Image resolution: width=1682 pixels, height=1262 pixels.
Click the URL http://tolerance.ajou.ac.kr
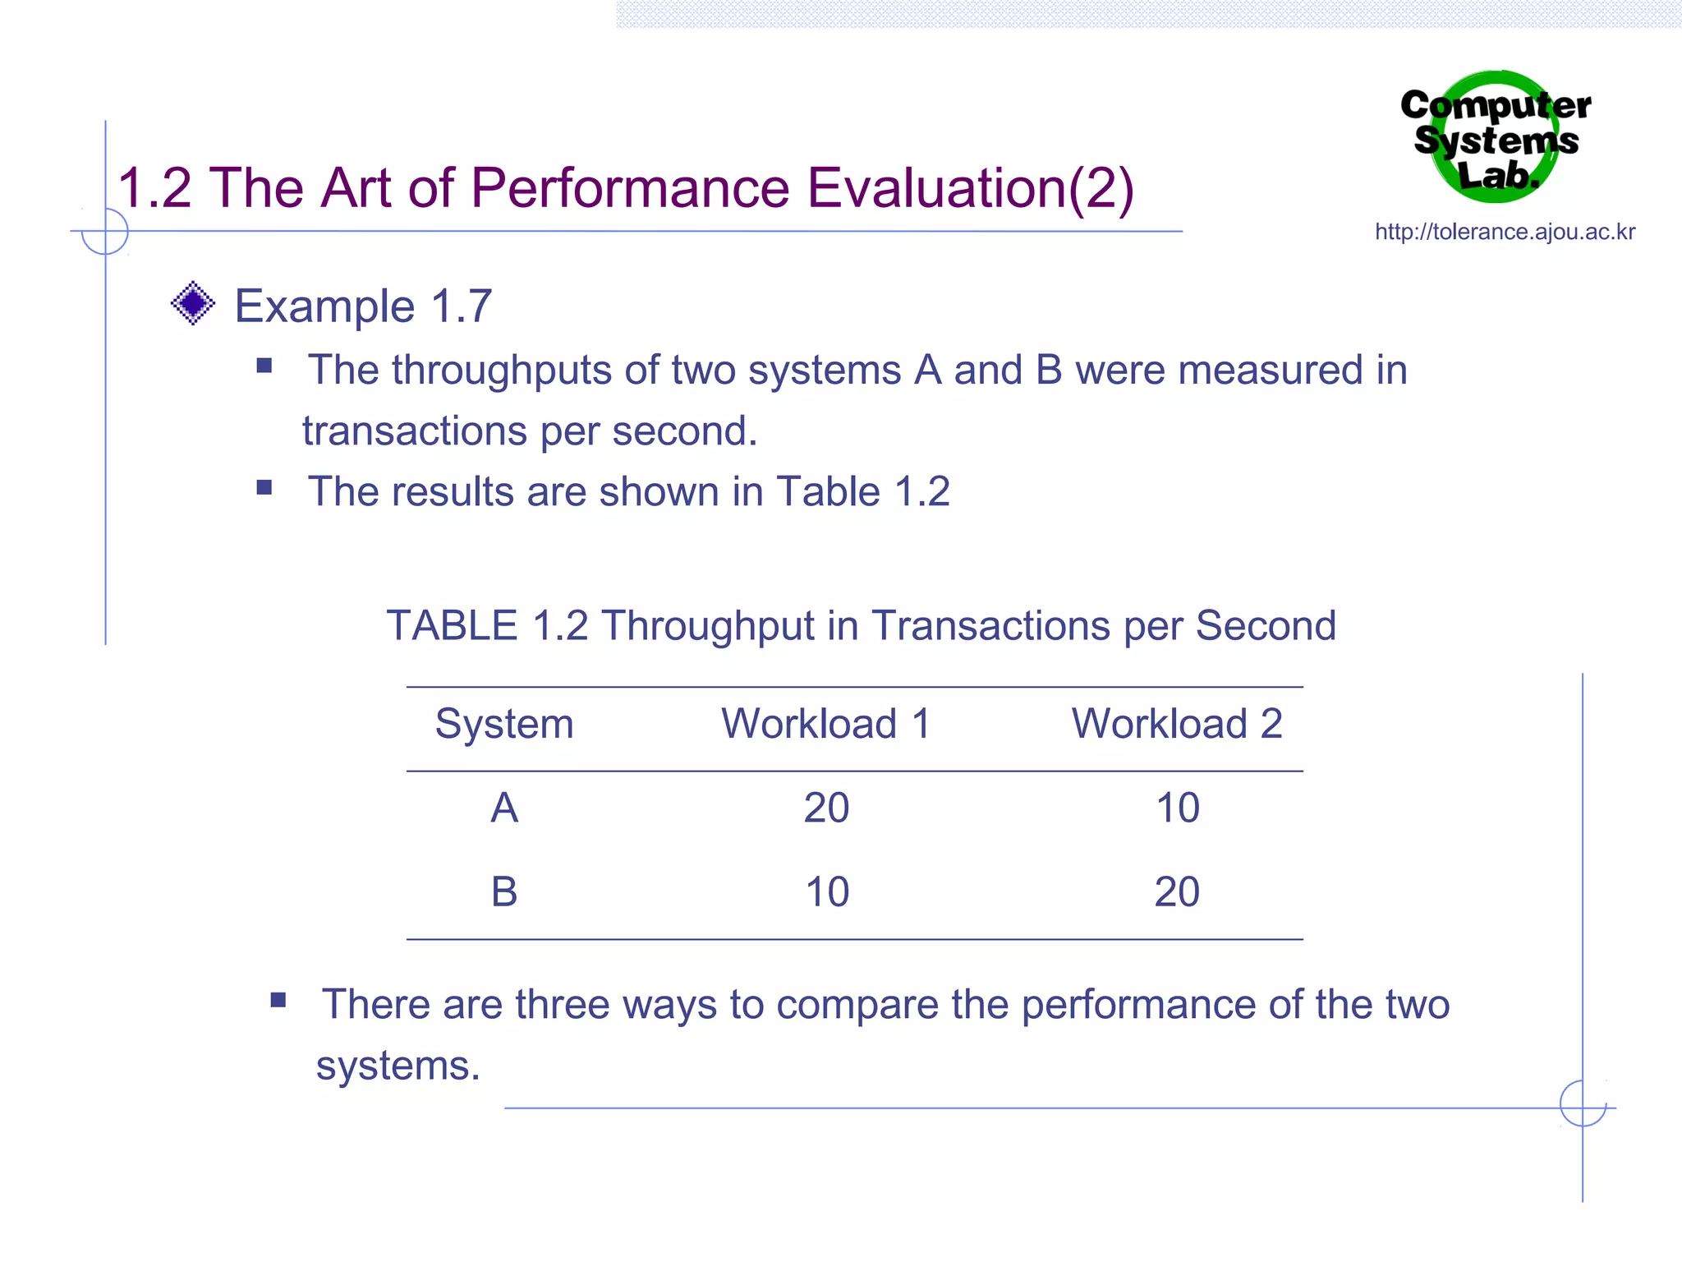(x=1505, y=232)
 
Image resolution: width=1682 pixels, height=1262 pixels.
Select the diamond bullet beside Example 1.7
(x=193, y=303)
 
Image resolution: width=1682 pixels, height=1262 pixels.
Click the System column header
(x=503, y=724)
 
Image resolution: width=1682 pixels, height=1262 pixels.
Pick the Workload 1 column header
(x=825, y=724)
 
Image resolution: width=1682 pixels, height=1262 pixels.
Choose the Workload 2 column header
(x=1176, y=724)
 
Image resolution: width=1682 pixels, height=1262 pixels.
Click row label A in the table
(x=503, y=808)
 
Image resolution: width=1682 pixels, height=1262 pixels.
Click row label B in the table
(x=503, y=891)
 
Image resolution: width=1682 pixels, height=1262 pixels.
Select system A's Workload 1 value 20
(x=826, y=808)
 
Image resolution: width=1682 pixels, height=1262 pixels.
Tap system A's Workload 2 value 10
(x=1177, y=808)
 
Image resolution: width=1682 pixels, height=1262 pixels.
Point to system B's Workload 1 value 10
(x=826, y=891)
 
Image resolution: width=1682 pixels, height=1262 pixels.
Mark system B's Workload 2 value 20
(x=1177, y=891)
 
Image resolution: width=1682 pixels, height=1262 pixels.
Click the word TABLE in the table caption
(x=452, y=626)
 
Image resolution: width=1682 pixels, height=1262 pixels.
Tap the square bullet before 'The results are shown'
(x=264, y=488)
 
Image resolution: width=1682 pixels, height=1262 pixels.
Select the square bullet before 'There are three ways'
(x=278, y=1000)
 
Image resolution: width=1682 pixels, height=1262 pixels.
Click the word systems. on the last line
(x=398, y=1066)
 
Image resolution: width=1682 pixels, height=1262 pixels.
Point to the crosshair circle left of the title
(x=105, y=232)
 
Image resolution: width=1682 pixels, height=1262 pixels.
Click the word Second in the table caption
(x=1265, y=626)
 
